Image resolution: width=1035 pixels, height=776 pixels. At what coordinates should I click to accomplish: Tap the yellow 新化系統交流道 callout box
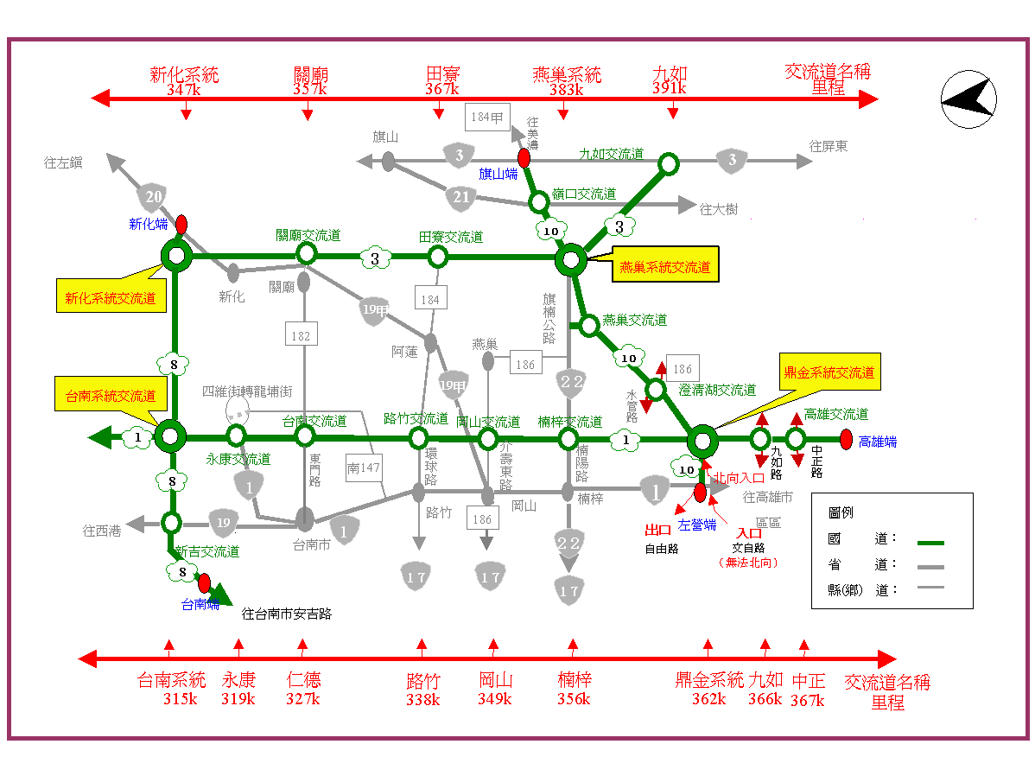pyautogui.click(x=111, y=298)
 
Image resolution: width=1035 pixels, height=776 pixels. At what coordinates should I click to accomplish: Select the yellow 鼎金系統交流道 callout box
pyautogui.click(x=829, y=372)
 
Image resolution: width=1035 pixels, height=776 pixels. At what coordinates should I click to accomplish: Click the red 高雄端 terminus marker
pyautogui.click(x=846, y=440)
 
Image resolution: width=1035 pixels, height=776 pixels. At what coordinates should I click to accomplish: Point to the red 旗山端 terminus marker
pyautogui.click(x=524, y=158)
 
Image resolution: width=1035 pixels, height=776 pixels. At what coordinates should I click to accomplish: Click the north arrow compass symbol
pyautogui.click(x=966, y=102)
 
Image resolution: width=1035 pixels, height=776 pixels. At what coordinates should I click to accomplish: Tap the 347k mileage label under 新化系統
pyautogui.click(x=184, y=89)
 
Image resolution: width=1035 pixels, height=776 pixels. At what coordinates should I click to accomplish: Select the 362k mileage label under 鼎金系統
pyautogui.click(x=708, y=699)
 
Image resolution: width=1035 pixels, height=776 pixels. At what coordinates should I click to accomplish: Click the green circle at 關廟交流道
pyautogui.click(x=306, y=253)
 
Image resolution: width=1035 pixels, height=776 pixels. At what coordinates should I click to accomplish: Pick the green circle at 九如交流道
pyautogui.click(x=669, y=163)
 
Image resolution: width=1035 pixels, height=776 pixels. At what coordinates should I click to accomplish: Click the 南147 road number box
pyautogui.click(x=364, y=467)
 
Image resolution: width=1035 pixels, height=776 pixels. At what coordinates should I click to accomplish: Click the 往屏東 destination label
pyautogui.click(x=829, y=147)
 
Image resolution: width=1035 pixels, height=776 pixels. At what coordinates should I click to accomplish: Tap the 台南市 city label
pyautogui.click(x=311, y=544)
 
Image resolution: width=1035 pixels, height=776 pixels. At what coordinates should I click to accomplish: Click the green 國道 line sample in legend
pyautogui.click(x=930, y=543)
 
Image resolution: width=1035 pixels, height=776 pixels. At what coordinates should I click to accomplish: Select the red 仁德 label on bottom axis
pyautogui.click(x=302, y=679)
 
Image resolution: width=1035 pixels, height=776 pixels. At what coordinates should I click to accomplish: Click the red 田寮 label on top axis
pyautogui.click(x=442, y=75)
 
